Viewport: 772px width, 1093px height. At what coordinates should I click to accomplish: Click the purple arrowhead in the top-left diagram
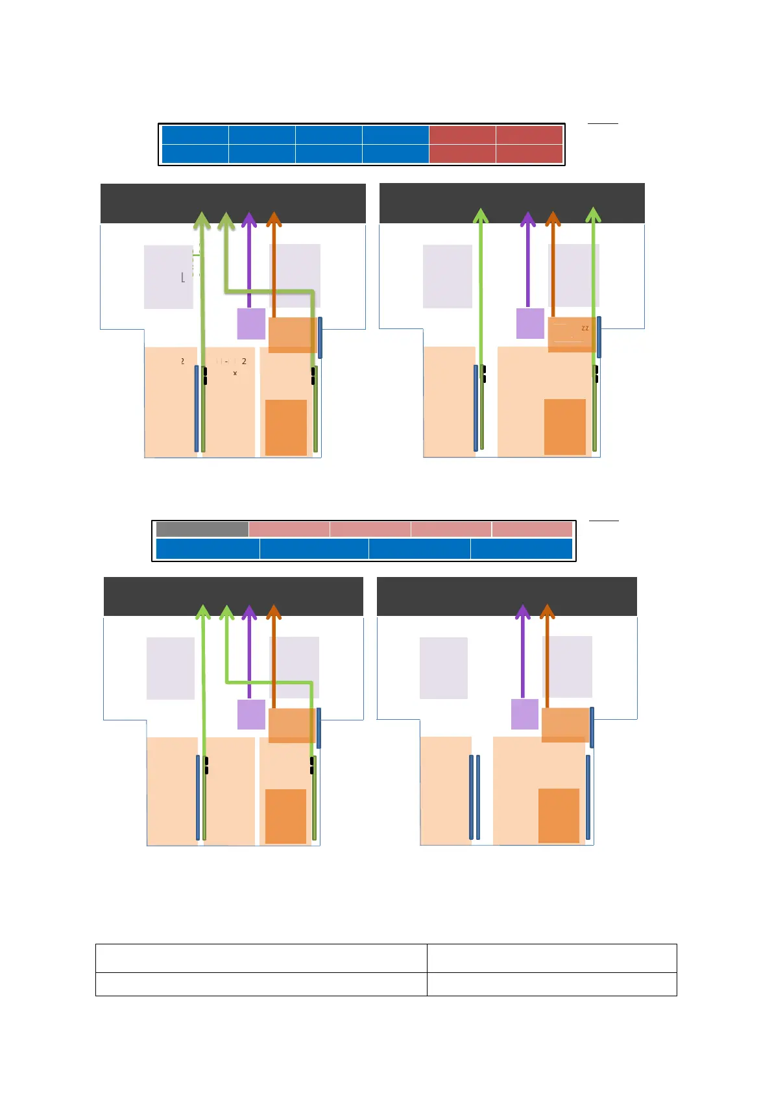coord(249,219)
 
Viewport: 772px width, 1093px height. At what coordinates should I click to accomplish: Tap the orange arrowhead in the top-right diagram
coord(553,219)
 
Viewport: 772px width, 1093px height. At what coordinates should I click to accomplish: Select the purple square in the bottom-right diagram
coord(525,714)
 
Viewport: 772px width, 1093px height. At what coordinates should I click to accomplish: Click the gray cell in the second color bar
coord(202,529)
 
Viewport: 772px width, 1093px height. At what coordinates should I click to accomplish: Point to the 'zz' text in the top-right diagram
coord(585,328)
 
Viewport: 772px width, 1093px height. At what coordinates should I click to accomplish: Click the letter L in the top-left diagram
coord(183,278)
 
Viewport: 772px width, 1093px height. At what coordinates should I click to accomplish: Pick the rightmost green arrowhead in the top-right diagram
coord(593,215)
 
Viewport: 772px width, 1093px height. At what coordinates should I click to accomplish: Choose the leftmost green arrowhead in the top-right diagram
coord(480,216)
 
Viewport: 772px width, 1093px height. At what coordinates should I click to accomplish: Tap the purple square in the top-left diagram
coord(251,323)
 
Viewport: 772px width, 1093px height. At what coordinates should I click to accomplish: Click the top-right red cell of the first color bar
coord(529,134)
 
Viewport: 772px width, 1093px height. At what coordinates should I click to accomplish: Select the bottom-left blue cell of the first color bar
coord(195,154)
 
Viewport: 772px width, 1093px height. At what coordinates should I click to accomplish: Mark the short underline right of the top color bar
coord(603,123)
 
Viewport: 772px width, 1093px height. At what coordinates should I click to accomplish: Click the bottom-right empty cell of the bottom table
coord(551,984)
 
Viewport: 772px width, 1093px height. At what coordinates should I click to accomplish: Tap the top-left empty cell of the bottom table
coord(261,958)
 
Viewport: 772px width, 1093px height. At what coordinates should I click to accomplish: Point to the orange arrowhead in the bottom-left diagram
coord(274,612)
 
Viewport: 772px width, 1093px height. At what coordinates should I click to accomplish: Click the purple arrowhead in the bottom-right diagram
coord(523,612)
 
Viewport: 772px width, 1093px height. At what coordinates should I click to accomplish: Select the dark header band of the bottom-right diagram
coord(507,596)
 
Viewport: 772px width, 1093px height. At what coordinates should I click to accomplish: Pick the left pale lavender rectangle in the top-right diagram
coord(448,276)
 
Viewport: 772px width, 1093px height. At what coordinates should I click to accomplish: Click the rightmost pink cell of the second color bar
coord(532,529)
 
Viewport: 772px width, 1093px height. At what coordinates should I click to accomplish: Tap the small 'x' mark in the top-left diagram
coord(235,373)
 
